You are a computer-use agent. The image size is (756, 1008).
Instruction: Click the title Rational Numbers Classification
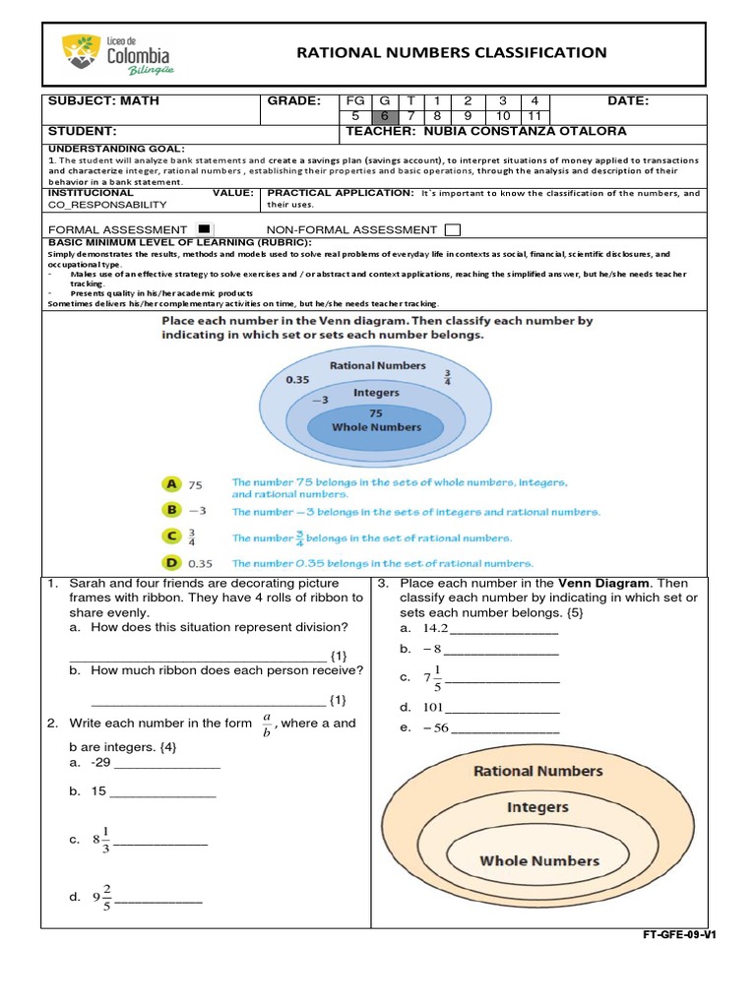coord(452,52)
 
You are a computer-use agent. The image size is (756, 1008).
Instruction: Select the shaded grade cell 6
coord(385,115)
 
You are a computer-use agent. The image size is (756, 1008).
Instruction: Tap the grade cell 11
coord(535,115)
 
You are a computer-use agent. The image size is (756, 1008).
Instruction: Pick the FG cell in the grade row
coord(355,100)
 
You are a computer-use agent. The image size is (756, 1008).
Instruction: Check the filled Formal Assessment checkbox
coord(205,229)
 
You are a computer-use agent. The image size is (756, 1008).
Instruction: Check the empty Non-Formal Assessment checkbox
coord(452,229)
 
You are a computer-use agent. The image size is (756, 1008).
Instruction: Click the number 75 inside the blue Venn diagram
coord(375,413)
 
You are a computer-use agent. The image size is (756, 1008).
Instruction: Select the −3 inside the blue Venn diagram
coord(319,401)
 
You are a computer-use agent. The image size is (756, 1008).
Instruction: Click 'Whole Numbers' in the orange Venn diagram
coord(538,860)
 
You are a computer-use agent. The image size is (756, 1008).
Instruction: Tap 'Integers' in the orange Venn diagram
coord(537,807)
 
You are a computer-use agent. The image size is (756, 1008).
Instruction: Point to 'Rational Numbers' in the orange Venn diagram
coord(537,771)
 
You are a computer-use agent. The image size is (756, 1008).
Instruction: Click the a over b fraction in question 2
coord(266,724)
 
